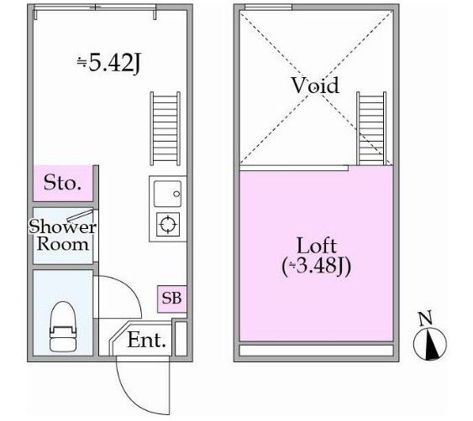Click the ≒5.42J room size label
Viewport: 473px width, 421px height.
(109, 63)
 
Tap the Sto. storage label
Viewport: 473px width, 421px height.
(62, 183)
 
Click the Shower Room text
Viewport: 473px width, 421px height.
(62, 235)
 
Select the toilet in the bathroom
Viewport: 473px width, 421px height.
(63, 326)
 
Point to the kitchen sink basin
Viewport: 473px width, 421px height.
(167, 194)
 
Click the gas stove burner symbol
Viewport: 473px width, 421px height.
(168, 225)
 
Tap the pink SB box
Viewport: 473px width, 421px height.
(171, 299)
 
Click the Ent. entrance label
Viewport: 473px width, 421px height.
(147, 340)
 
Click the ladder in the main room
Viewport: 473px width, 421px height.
(166, 128)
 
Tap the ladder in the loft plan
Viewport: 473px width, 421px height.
(371, 128)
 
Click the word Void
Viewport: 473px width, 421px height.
(315, 86)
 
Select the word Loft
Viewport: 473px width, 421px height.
(317, 246)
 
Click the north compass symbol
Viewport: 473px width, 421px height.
(430, 344)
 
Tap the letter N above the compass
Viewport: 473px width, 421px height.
(426, 318)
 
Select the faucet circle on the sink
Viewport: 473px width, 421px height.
(176, 194)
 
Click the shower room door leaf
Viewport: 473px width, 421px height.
(80, 216)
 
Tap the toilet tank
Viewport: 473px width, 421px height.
(63, 344)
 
